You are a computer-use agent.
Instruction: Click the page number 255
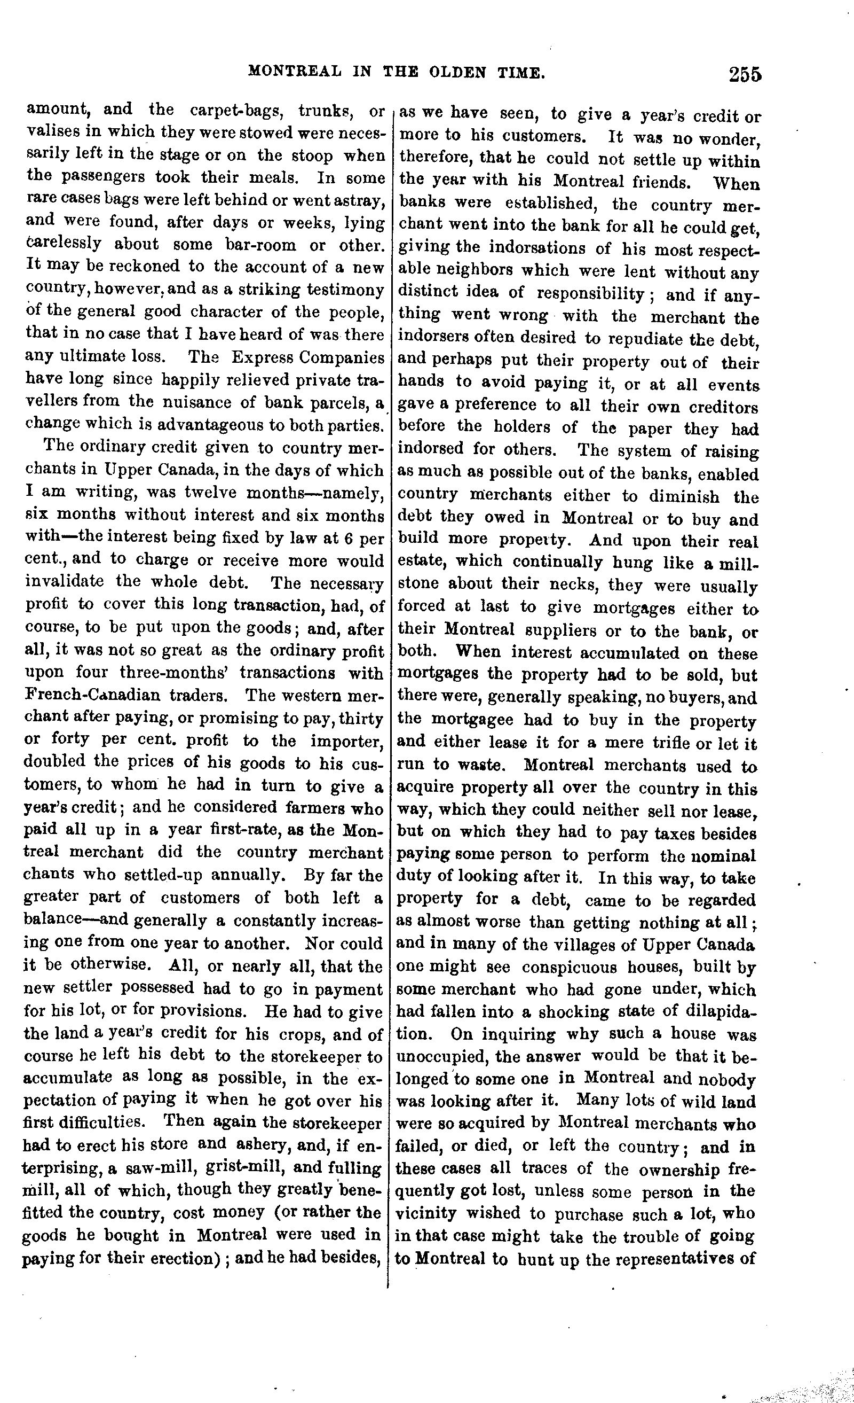click(744, 75)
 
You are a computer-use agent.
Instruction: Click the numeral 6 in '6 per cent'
click(351, 537)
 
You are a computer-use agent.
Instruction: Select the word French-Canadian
click(92, 695)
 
